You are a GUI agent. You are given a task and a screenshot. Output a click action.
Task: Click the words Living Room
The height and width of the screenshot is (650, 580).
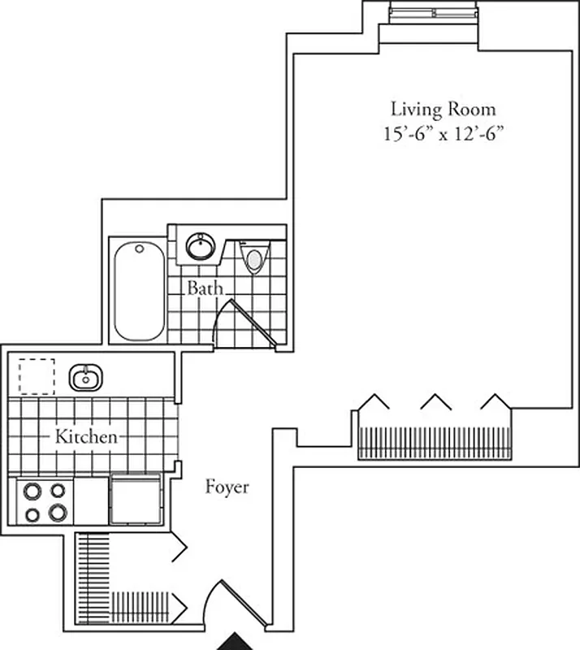click(x=443, y=109)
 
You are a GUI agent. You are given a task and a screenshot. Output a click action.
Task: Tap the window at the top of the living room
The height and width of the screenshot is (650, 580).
click(x=432, y=12)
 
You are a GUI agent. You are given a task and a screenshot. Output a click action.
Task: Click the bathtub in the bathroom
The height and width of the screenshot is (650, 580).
click(x=138, y=290)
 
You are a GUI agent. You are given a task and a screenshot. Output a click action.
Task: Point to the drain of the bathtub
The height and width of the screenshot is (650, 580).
click(x=139, y=249)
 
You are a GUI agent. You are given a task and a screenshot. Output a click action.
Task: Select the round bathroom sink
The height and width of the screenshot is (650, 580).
click(x=198, y=244)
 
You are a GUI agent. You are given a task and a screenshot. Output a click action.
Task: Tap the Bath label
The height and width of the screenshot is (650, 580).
click(x=205, y=288)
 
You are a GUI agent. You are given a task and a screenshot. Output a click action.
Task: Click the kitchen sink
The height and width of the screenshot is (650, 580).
click(x=84, y=377)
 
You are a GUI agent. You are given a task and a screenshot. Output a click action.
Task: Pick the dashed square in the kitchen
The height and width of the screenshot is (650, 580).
click(x=37, y=376)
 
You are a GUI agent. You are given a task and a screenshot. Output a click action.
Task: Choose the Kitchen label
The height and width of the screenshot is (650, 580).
click(x=86, y=437)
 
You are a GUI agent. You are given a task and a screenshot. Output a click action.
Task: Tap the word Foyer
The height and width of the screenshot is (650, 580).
click(x=227, y=487)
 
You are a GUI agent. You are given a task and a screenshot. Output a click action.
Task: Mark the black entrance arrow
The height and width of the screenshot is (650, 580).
click(x=236, y=642)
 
